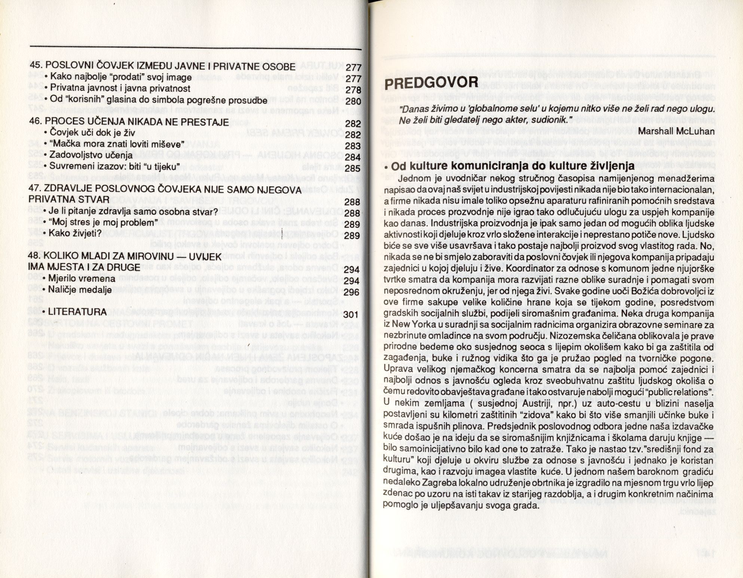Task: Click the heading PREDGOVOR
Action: (x=431, y=83)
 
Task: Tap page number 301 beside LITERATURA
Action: (x=352, y=314)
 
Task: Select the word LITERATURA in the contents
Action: (x=78, y=312)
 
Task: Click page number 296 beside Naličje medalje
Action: (x=352, y=292)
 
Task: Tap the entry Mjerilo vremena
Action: (x=83, y=278)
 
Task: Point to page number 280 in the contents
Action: (x=353, y=101)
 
